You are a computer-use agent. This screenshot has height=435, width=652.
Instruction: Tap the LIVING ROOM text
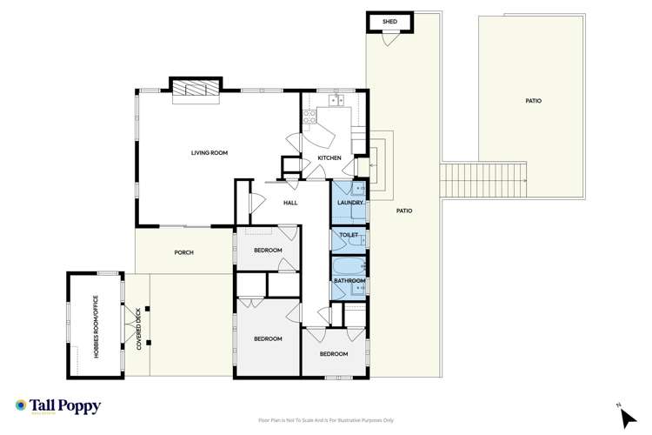pyautogui.click(x=209, y=153)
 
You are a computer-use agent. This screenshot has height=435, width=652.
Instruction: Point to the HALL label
pyautogui.click(x=290, y=203)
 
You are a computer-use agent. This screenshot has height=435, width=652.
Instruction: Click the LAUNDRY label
pyautogui.click(x=349, y=203)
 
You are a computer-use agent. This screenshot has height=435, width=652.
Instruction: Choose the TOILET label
pyautogui.click(x=349, y=236)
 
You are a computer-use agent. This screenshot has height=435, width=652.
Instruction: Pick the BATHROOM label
pyautogui.click(x=349, y=281)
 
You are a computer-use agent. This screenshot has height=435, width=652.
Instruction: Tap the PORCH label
pyautogui.click(x=183, y=253)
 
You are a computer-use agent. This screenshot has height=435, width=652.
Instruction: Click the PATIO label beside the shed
pyautogui.click(x=533, y=101)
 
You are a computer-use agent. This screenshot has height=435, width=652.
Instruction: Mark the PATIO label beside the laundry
pyautogui.click(x=404, y=211)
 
